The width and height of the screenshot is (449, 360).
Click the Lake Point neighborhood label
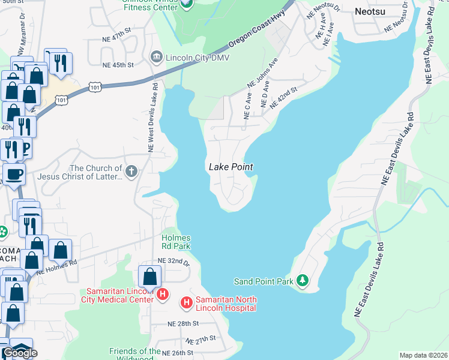tap(231, 167)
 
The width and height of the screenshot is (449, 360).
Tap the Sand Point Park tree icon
tap(303, 281)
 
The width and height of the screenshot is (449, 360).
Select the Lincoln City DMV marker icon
tap(157, 56)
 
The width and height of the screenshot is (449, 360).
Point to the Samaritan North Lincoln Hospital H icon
tap(187, 304)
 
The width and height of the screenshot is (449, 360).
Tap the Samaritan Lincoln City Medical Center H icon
tap(162, 295)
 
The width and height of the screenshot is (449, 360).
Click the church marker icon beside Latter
tap(131, 172)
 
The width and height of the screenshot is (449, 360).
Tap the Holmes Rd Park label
tap(176, 242)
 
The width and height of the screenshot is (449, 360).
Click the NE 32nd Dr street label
tap(173, 261)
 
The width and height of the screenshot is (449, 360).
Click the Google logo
tap(20, 353)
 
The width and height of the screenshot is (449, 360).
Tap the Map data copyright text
tap(423, 355)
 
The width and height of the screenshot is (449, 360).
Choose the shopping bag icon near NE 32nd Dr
tap(149, 277)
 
